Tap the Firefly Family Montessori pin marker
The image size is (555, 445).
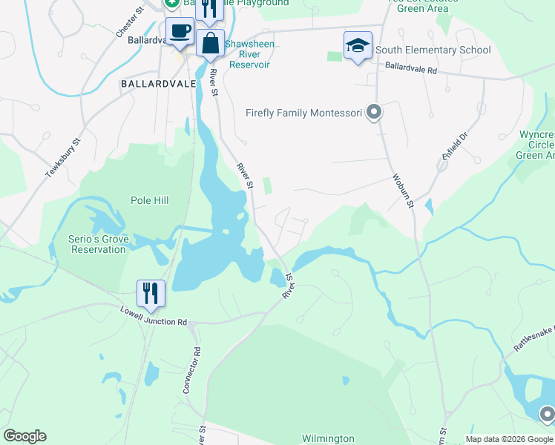(x=374, y=113)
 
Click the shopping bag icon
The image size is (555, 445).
(x=210, y=44)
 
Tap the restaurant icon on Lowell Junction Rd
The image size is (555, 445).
(x=151, y=292)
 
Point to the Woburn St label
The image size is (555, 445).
(x=401, y=191)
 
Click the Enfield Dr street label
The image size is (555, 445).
(x=455, y=147)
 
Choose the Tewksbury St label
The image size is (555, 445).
(x=62, y=156)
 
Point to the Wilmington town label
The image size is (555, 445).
(x=328, y=439)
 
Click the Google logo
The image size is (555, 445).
(x=24, y=436)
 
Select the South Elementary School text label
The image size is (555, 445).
(x=433, y=50)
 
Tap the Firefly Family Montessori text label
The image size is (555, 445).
(x=303, y=113)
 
